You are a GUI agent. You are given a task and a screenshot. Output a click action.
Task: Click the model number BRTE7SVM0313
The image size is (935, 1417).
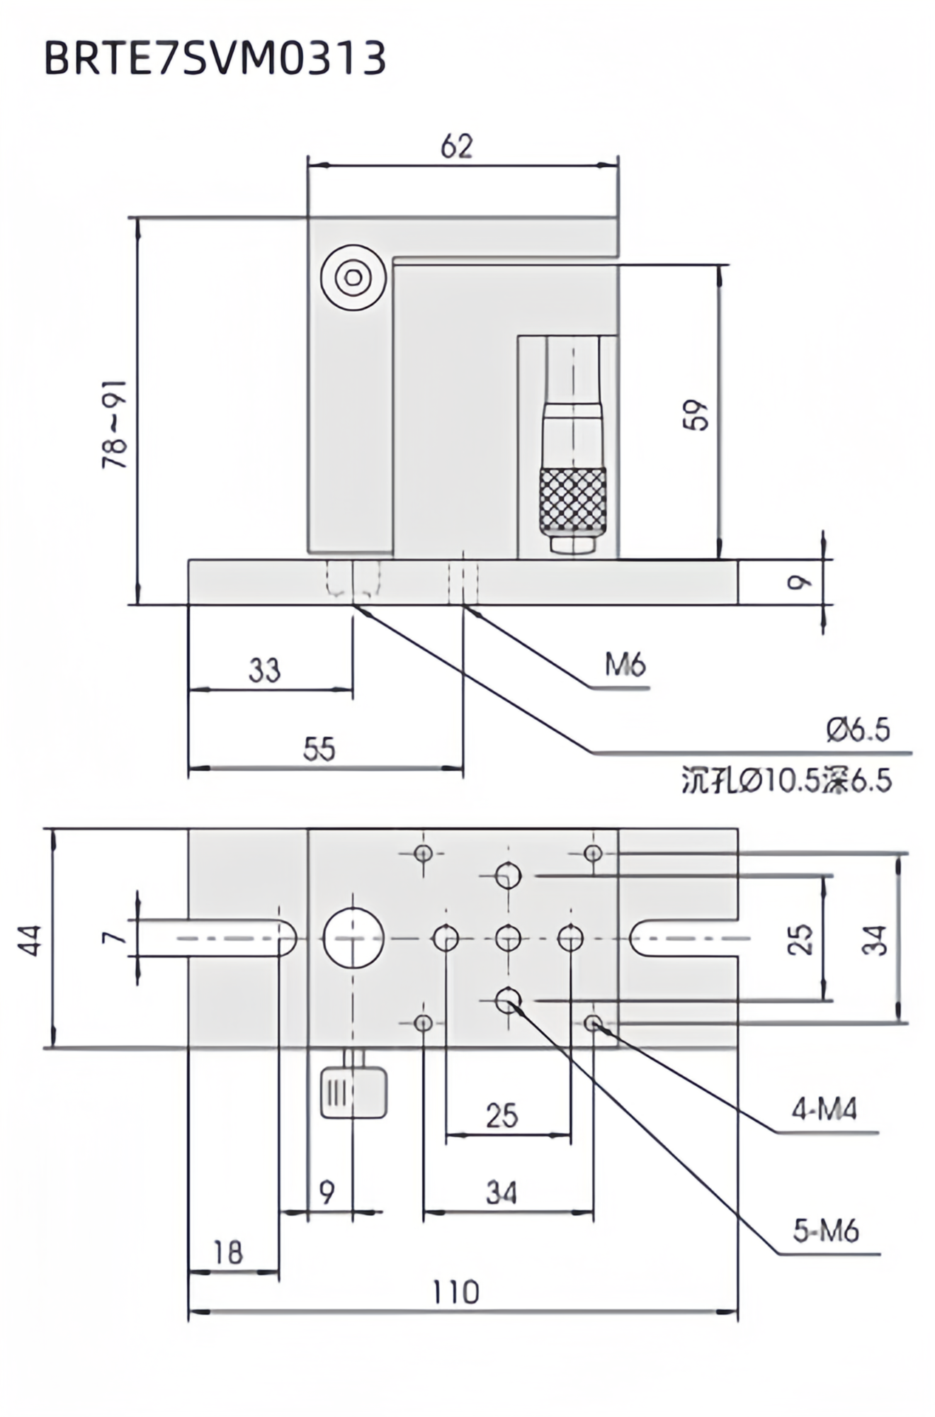[x=215, y=58]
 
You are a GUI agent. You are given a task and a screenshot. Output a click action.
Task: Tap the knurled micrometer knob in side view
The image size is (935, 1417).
[x=572, y=500]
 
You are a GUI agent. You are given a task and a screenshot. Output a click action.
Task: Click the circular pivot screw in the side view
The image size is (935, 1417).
[x=353, y=278]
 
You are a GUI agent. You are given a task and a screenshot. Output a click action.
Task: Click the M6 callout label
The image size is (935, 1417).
[x=625, y=665]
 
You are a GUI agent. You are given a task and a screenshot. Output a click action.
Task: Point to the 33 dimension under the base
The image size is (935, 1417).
[x=264, y=670]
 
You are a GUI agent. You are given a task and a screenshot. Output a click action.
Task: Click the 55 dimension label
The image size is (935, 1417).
[x=319, y=749]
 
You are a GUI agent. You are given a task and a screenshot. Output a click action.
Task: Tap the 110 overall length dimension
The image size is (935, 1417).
[x=455, y=1293]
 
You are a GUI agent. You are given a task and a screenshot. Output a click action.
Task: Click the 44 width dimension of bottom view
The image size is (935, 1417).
[x=30, y=939]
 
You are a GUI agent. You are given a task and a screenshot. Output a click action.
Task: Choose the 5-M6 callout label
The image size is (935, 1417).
[x=825, y=1231]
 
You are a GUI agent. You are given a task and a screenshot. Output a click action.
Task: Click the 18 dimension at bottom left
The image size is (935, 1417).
[x=228, y=1253]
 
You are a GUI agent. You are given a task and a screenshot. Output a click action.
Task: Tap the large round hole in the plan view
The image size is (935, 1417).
[x=353, y=938]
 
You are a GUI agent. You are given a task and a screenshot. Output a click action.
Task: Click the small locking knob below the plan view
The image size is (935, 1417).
[x=353, y=1093]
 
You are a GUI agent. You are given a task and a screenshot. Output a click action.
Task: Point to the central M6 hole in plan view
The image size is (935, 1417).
[x=508, y=938]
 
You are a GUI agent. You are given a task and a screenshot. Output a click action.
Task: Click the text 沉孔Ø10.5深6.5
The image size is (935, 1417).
[x=786, y=781]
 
